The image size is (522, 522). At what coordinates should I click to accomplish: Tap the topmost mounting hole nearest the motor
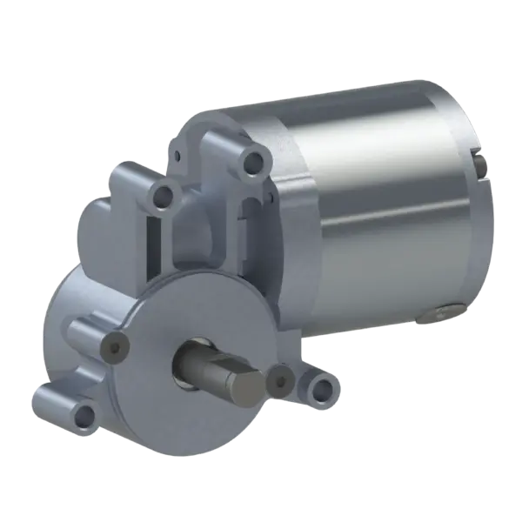(254, 161)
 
